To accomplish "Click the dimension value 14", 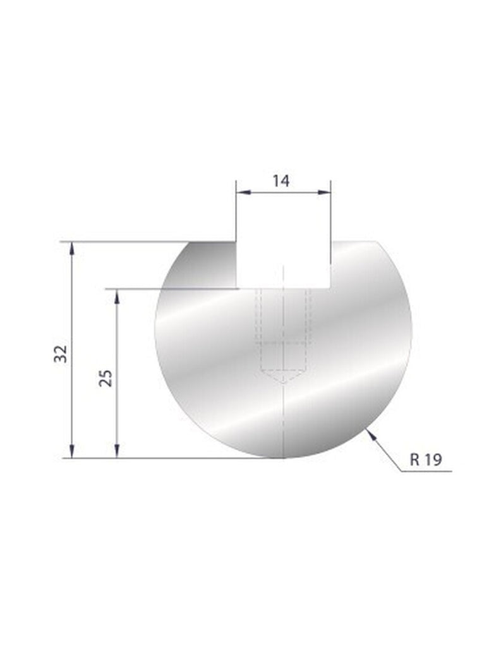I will [x=281, y=181].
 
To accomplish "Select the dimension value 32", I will [x=61, y=354].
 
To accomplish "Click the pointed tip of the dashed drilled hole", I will [x=284, y=383].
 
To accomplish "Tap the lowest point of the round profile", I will [x=284, y=457].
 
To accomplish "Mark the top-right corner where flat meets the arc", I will [x=377, y=241].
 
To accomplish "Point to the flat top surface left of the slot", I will [x=212, y=242].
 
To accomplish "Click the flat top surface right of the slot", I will [x=354, y=242].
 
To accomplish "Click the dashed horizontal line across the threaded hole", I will [x=284, y=343].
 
